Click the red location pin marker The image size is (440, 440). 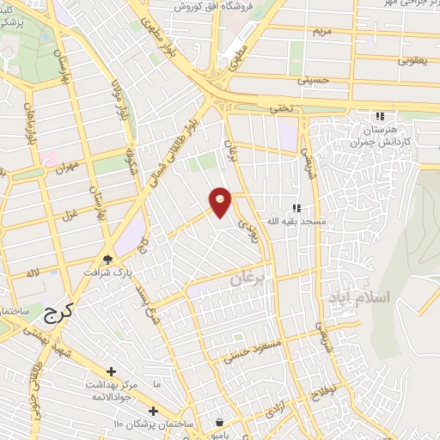(x=221, y=201)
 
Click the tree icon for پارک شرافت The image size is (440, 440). (x=107, y=259)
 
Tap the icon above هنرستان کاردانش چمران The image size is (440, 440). (x=379, y=117)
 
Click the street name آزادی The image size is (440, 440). (x=276, y=411)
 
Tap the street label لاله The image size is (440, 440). (x=34, y=273)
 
